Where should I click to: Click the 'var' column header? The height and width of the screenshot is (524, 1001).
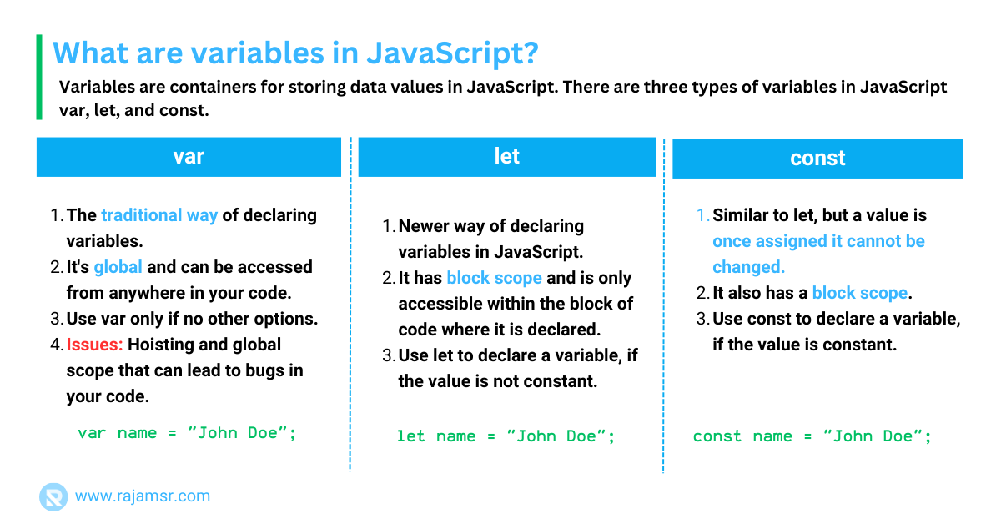pos(189,157)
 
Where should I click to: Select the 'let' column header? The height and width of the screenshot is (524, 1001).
pos(507,157)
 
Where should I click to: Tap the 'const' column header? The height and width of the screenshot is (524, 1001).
pos(817,159)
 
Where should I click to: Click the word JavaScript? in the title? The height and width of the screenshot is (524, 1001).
pos(453,53)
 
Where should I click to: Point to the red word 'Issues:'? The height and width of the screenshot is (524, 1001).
pos(94,345)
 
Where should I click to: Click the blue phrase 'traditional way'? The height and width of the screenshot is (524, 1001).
pos(159,215)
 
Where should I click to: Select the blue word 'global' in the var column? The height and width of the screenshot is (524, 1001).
pos(118,267)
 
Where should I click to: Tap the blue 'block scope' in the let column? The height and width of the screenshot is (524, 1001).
pos(494,278)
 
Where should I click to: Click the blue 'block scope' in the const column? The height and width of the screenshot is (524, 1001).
pos(860,294)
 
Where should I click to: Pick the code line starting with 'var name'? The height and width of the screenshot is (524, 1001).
pos(187,433)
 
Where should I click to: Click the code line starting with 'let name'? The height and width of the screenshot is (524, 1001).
pos(506,436)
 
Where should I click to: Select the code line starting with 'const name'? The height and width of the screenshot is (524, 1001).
pos(812,436)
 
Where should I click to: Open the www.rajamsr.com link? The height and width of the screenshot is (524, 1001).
pos(143,496)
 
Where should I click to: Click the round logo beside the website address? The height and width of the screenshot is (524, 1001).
pos(53,496)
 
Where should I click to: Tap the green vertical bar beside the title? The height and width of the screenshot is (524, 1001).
pos(39,77)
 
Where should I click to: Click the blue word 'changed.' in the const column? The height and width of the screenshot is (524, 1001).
pos(748,267)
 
